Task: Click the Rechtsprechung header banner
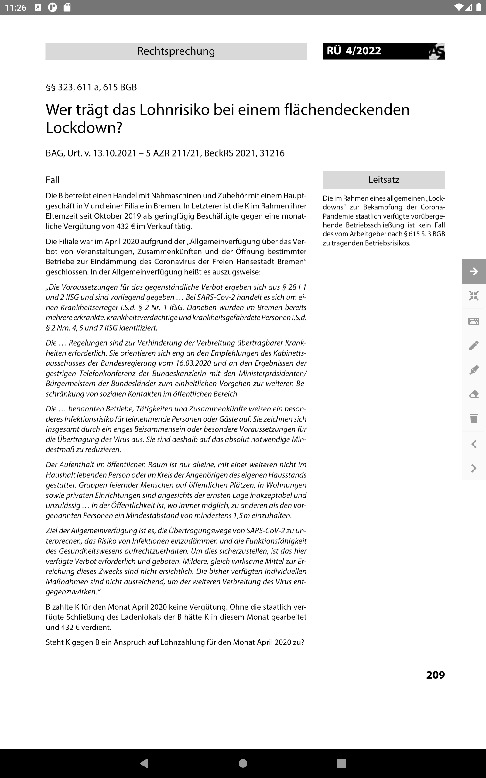click(176, 51)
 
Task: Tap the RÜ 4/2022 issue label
click(354, 51)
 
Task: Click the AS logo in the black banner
click(437, 51)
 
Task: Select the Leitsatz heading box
click(383, 180)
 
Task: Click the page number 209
click(435, 674)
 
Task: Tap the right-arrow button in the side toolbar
click(474, 271)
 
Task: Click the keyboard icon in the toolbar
click(474, 321)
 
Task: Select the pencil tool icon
click(474, 346)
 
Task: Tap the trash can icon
click(474, 418)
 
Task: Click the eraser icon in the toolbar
click(474, 394)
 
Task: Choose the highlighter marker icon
click(474, 370)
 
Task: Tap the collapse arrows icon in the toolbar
click(474, 296)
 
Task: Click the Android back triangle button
click(144, 763)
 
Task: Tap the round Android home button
click(243, 763)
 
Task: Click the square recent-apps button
click(341, 763)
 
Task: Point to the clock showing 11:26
click(16, 7)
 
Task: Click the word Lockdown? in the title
click(84, 128)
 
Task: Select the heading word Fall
click(53, 180)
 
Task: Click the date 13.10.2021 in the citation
click(115, 153)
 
